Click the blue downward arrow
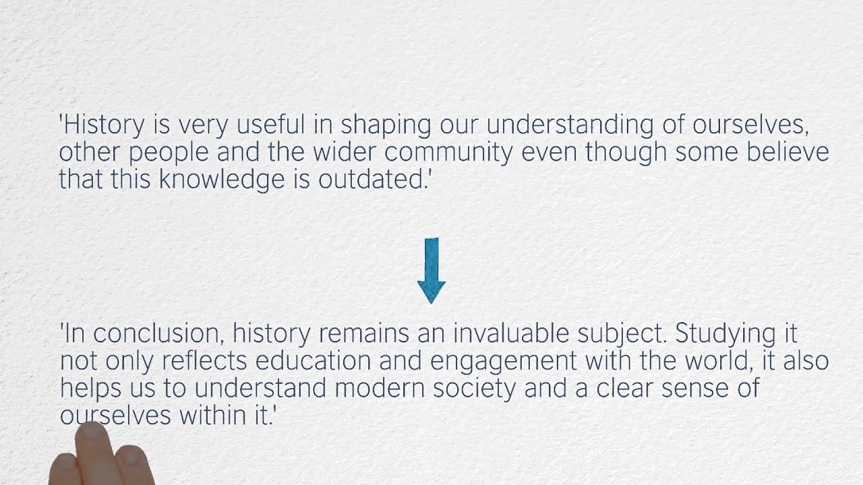431,271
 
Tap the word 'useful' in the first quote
270,125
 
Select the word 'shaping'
386,126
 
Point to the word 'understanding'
570,126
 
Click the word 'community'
448,153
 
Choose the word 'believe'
788,152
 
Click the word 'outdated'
371,179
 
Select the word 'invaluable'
511,333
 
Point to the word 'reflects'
204,360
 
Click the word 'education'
314,360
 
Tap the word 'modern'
380,388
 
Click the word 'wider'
344,152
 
